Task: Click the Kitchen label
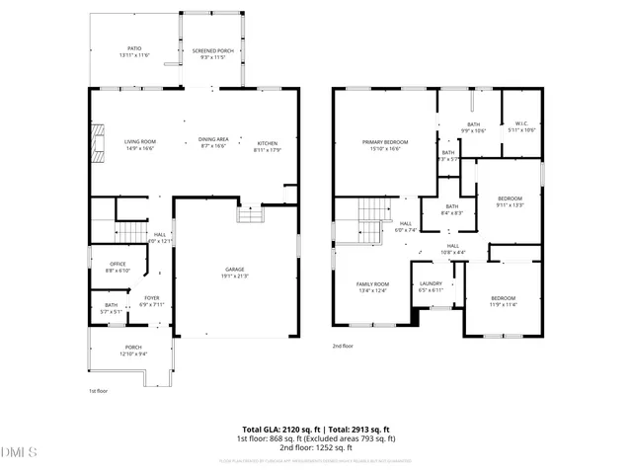tap(269, 145)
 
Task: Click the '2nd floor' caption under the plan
tap(343, 347)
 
